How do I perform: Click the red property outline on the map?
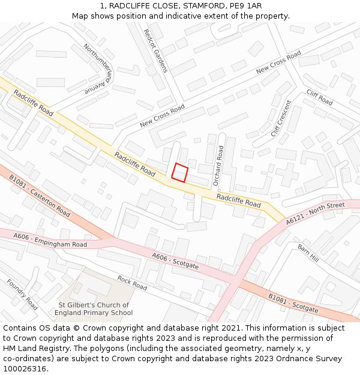(180, 172)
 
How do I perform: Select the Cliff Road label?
(319, 97)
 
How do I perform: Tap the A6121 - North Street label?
(316, 213)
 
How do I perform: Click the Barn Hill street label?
(308, 252)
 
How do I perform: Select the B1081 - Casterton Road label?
(40, 196)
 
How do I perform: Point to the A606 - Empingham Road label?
(50, 240)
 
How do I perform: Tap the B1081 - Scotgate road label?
(293, 303)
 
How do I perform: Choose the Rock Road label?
(132, 283)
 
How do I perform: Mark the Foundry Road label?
(22, 295)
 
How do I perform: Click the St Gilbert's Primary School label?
(94, 309)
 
